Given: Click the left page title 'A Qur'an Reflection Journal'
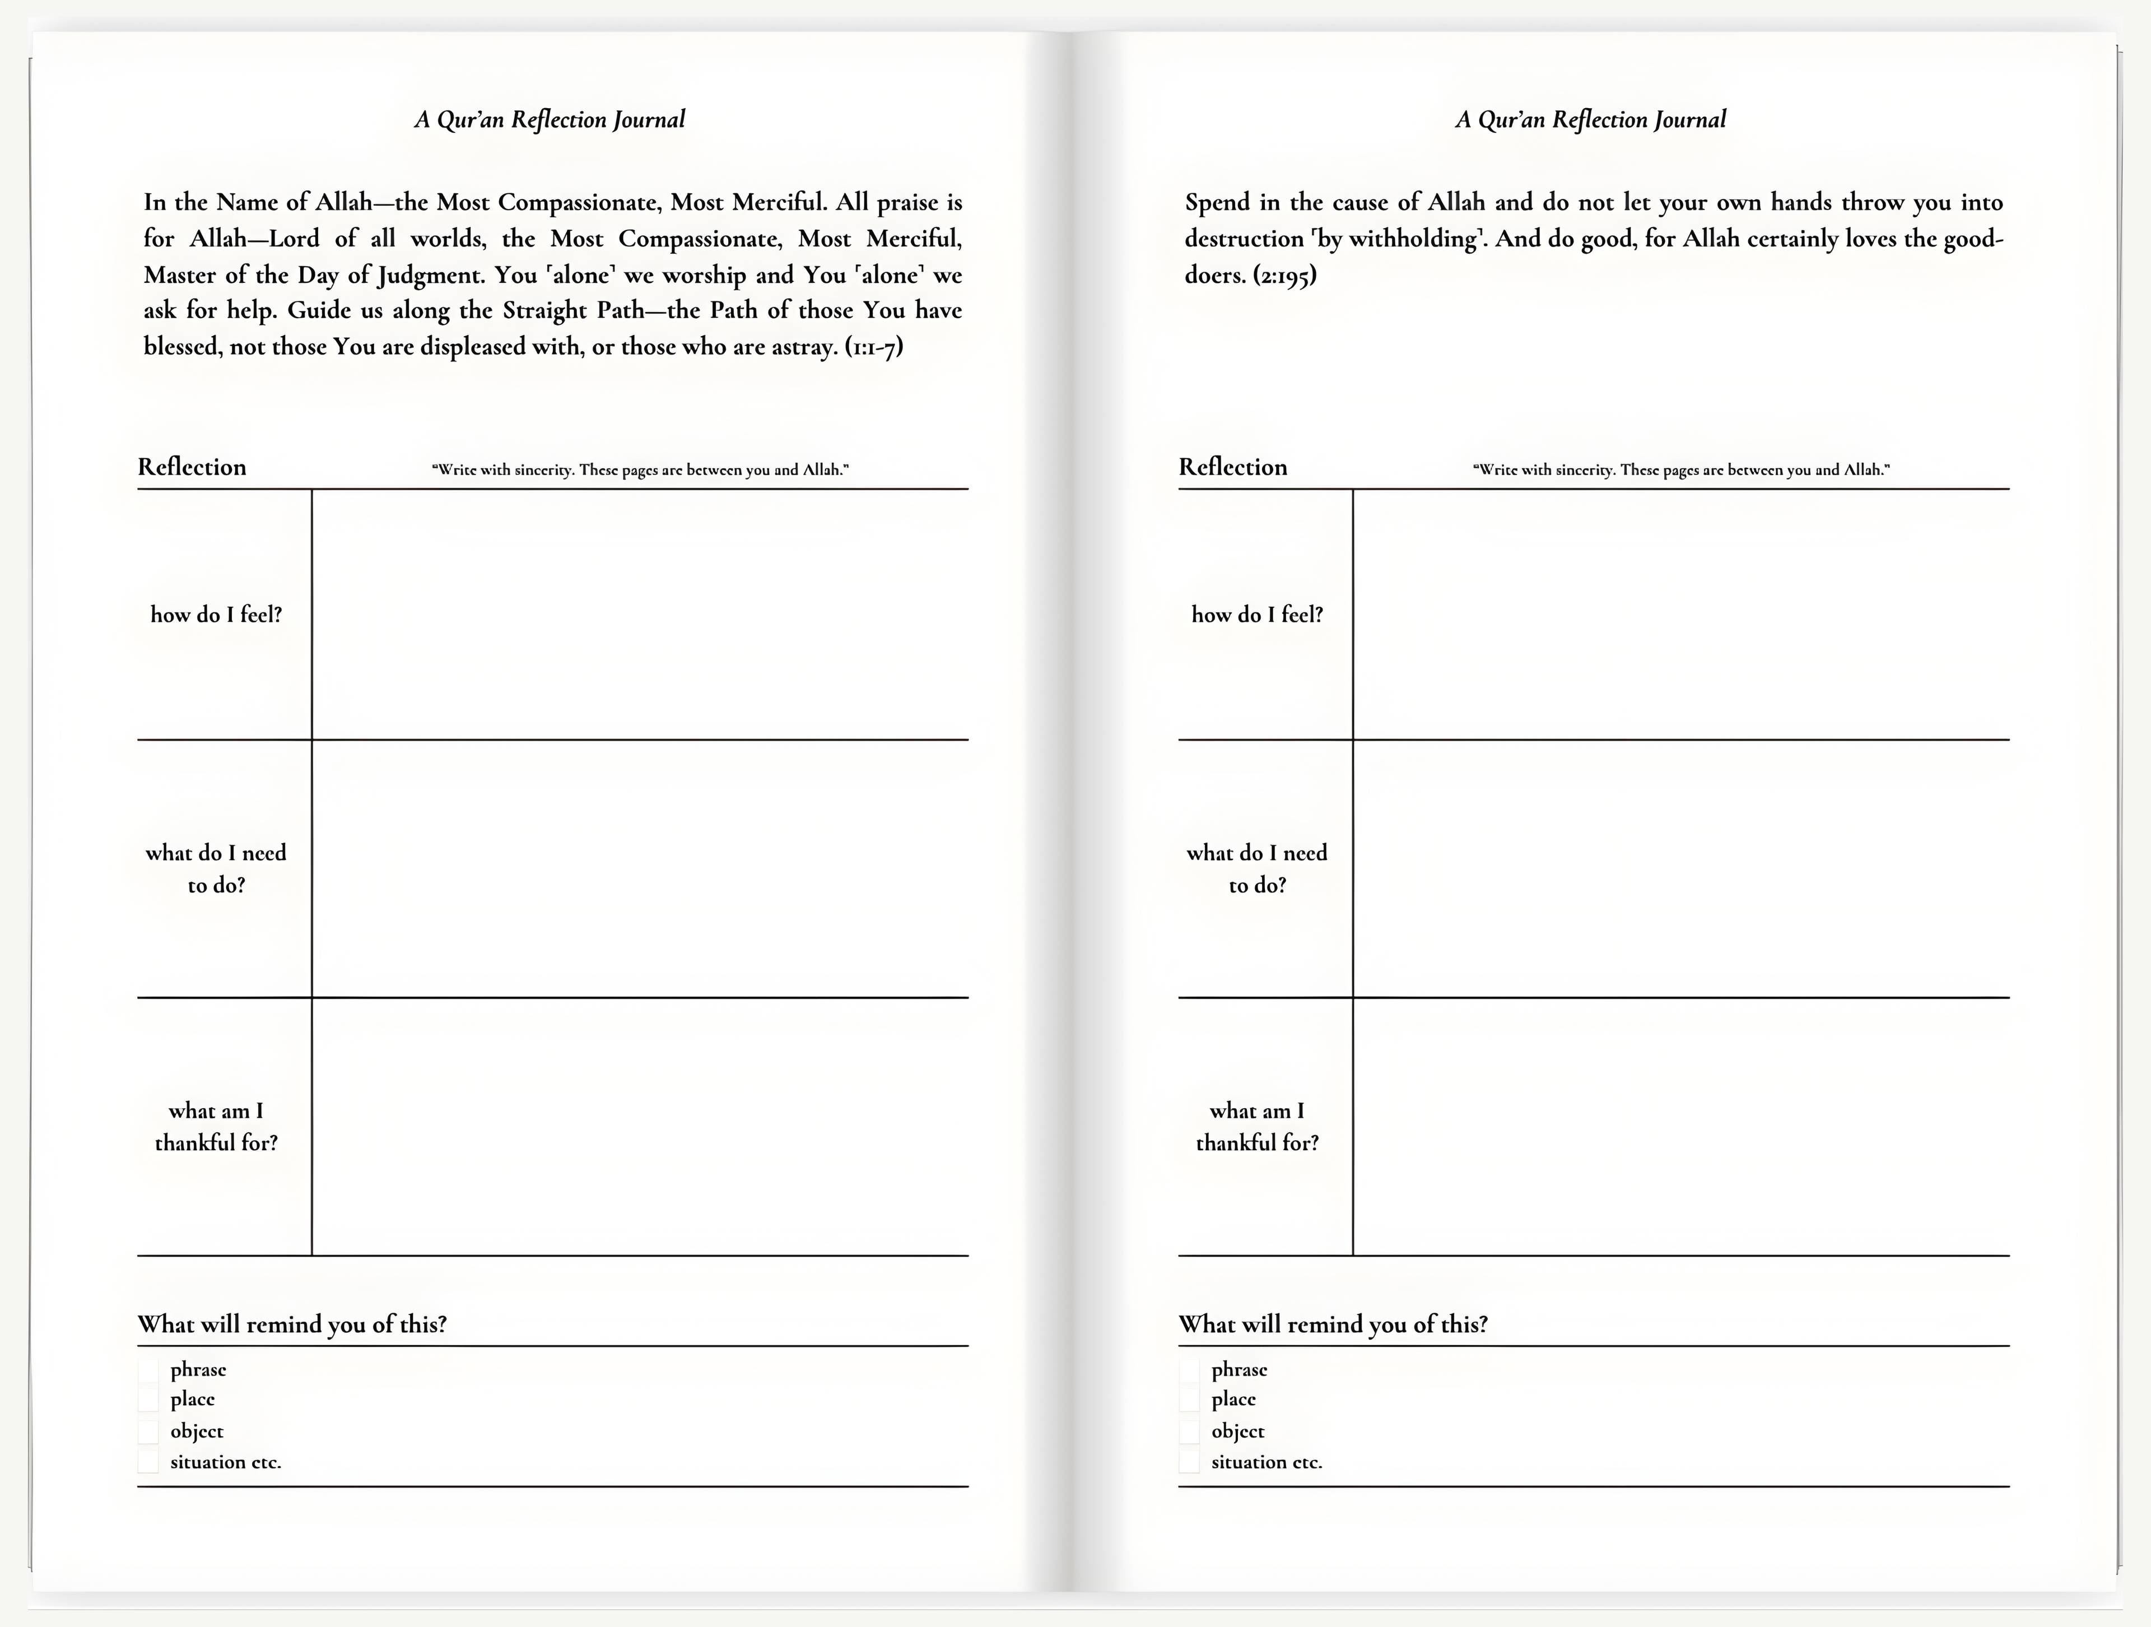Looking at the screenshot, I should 550,120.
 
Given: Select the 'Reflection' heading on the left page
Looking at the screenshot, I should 192,467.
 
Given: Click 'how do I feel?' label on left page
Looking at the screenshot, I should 216,615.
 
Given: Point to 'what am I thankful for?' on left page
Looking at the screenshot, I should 216,1126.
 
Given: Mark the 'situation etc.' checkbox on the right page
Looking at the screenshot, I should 1189,1462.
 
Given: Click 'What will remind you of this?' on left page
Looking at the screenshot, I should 292,1324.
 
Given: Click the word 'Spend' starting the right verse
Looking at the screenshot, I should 1217,203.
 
